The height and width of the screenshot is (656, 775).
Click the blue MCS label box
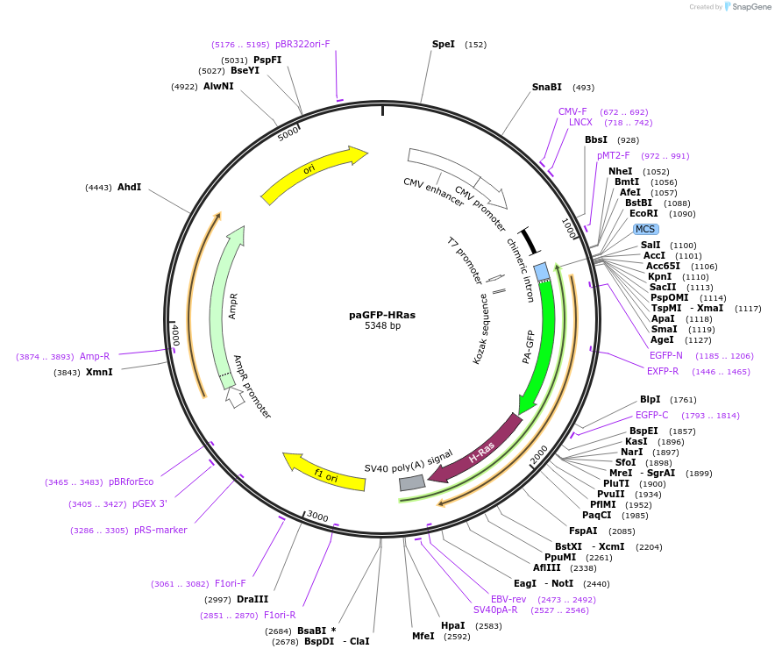click(x=645, y=230)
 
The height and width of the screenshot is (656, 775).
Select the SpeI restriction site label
click(x=444, y=44)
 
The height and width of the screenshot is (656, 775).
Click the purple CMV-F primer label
click(x=572, y=112)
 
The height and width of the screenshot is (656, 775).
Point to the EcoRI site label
click(x=643, y=214)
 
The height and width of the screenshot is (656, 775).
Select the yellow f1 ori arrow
click(x=324, y=471)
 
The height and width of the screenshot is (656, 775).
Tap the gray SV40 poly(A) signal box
click(x=412, y=482)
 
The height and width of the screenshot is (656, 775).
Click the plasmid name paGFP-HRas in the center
click(x=382, y=315)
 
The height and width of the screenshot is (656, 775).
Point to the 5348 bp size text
click(x=382, y=326)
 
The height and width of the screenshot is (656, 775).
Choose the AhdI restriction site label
click(x=130, y=188)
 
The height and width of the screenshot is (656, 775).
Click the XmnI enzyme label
click(x=99, y=373)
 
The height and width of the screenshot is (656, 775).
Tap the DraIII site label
click(x=252, y=600)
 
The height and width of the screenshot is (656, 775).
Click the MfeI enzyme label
click(x=423, y=637)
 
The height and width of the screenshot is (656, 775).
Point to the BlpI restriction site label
click(x=651, y=400)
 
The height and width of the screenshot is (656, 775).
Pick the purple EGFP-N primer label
click(x=666, y=356)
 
